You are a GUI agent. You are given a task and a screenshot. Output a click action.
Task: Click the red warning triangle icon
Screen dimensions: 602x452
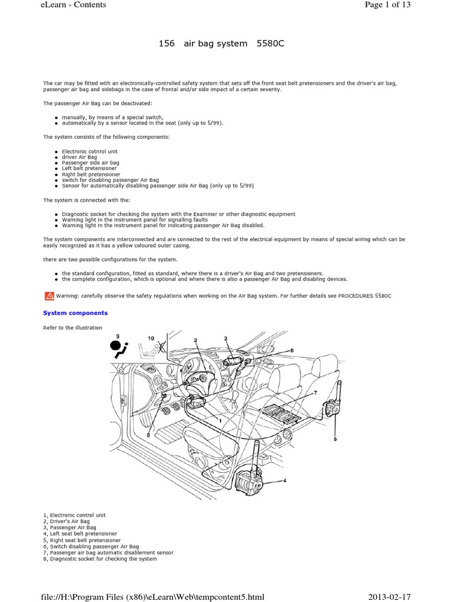click(x=48, y=296)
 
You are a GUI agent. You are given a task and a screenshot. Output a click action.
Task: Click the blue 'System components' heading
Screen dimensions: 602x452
click(x=75, y=313)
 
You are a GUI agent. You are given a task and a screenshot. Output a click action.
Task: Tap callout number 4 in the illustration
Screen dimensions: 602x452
click(x=284, y=480)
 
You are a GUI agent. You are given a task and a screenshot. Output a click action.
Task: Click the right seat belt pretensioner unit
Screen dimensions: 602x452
click(x=334, y=409)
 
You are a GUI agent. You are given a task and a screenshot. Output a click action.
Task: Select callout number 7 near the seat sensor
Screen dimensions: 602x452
click(x=315, y=392)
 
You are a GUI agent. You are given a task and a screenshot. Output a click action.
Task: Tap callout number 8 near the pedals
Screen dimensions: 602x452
click(x=148, y=435)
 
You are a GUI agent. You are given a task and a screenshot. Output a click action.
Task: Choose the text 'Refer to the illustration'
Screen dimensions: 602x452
click(x=73, y=327)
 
